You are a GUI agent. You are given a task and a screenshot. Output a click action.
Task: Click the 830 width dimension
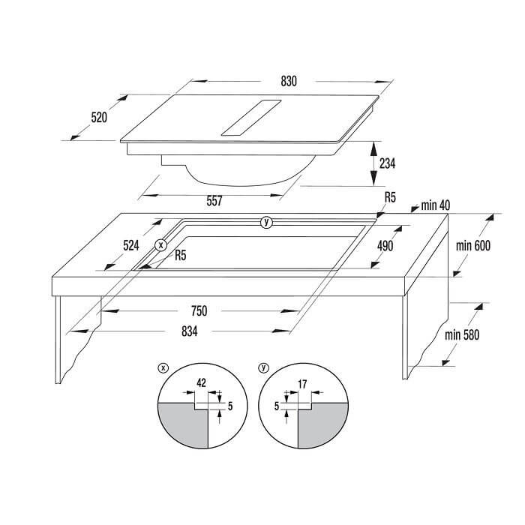(289, 81)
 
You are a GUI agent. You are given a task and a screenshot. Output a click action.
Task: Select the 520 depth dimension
(99, 118)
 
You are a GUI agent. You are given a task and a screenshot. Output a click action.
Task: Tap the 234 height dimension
(388, 163)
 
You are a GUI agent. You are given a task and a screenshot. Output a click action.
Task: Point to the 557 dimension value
(214, 201)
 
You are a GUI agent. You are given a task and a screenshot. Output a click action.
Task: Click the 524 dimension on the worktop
(131, 246)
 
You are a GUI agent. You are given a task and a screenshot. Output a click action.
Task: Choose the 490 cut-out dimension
(385, 246)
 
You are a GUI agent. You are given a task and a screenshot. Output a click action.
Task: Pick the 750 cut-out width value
(199, 311)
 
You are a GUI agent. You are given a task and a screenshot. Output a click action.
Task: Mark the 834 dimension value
(190, 331)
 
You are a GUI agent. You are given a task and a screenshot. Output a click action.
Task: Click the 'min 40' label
(435, 205)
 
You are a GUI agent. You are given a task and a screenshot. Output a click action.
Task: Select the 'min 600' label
(473, 246)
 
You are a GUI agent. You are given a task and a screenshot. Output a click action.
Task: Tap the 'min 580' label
(462, 334)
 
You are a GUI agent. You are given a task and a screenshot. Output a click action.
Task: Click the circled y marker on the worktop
(266, 222)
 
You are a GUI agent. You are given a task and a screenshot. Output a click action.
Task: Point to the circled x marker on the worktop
(161, 245)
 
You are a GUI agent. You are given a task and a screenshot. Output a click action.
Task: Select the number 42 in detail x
(201, 382)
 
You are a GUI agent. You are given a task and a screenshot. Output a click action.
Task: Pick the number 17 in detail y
(302, 384)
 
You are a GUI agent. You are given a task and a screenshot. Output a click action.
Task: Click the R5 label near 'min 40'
(391, 197)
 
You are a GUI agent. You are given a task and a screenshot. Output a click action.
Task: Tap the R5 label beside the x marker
(181, 256)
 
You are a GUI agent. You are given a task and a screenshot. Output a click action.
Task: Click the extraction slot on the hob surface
(251, 118)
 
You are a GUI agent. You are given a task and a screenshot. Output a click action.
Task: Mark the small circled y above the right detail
(264, 368)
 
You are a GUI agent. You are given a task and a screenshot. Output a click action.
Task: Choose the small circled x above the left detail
(163, 368)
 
